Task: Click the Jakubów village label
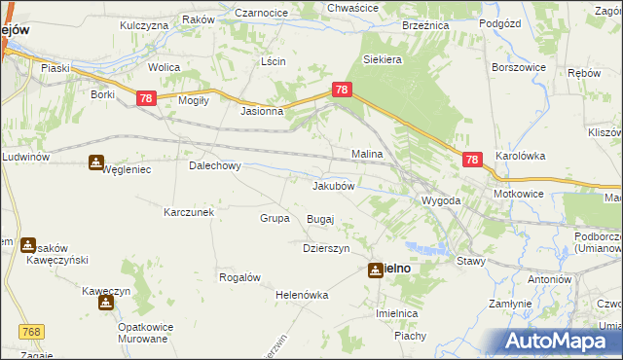click(x=338, y=185)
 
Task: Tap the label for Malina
click(x=366, y=154)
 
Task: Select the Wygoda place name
click(x=440, y=200)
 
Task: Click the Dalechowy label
click(x=214, y=165)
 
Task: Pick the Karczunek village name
click(x=189, y=211)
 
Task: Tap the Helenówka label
click(x=302, y=295)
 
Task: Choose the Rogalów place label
click(x=239, y=277)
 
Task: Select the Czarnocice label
click(x=261, y=13)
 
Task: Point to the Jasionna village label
click(x=262, y=111)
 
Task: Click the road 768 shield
click(x=30, y=333)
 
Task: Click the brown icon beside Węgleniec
click(x=95, y=162)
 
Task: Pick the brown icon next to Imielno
click(x=375, y=270)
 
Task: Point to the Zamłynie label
click(x=510, y=304)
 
